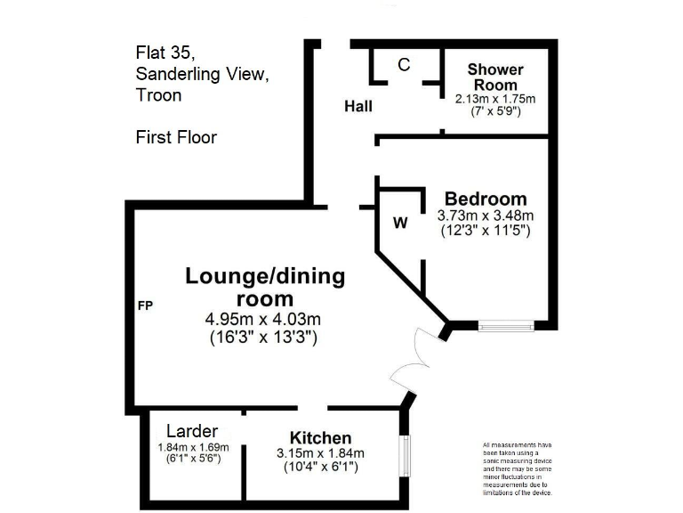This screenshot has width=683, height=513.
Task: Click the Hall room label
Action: [x=358, y=107]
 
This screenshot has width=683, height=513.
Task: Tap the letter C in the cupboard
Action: [x=404, y=65]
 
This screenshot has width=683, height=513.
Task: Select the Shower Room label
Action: [x=495, y=77]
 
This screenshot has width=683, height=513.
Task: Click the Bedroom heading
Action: [x=486, y=199]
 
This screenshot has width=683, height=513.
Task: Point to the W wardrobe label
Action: [x=400, y=224]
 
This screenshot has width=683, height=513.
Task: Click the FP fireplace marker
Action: [x=146, y=306]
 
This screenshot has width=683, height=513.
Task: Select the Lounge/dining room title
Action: [x=264, y=287]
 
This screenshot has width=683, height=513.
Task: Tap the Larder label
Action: [x=192, y=432]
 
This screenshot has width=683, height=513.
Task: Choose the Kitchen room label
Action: [x=320, y=438]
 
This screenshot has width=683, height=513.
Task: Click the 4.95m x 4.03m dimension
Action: [x=263, y=319]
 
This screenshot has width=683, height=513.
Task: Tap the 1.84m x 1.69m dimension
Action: [x=193, y=447]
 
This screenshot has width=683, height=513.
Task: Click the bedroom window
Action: [x=504, y=326]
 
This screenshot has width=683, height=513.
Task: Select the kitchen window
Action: [x=405, y=455]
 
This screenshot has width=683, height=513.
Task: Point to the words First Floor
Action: [x=176, y=137]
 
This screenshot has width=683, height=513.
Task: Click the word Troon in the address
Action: [x=158, y=95]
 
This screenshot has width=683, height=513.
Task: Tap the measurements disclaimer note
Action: [x=518, y=468]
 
